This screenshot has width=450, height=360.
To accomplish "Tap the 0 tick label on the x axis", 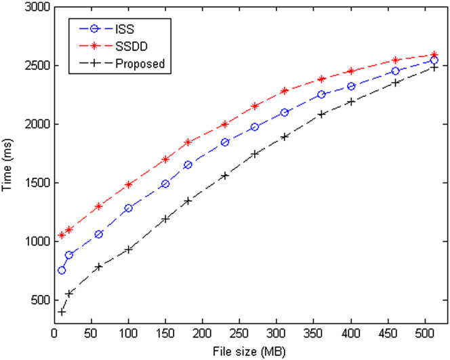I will tap(55, 335).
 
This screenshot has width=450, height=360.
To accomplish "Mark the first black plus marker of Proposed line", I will tap(62, 312).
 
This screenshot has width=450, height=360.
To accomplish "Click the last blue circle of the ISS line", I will tap(434, 61).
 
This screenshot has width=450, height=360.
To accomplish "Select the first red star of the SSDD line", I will tap(62, 235).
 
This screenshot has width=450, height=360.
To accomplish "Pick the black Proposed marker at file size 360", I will tap(321, 114).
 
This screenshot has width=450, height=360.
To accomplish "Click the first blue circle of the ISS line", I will tap(62, 271).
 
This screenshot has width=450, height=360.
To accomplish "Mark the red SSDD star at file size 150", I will tap(165, 159).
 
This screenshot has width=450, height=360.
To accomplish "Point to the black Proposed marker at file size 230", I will tap(225, 175).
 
